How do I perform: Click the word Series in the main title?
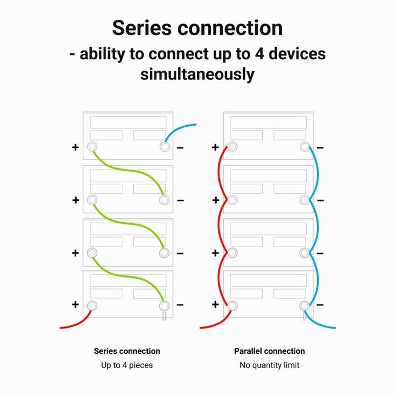[142, 28]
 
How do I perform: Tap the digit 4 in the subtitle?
[259, 54]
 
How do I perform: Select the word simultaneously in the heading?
[198, 74]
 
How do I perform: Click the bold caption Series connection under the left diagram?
[127, 351]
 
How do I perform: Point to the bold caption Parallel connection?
[269, 351]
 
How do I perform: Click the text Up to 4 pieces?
[127, 365]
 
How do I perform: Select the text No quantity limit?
[269, 365]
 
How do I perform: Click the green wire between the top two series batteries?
[128, 170]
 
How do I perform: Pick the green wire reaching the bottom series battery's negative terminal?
[128, 276]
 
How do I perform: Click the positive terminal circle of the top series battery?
[92, 146]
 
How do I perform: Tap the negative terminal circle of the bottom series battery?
[164, 306]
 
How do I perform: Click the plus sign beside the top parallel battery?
[216, 148]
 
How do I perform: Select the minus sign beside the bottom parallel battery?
[320, 305]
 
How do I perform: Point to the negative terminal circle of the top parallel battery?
[305, 146]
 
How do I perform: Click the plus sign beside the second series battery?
[76, 200]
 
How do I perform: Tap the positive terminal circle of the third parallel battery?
[232, 253]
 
